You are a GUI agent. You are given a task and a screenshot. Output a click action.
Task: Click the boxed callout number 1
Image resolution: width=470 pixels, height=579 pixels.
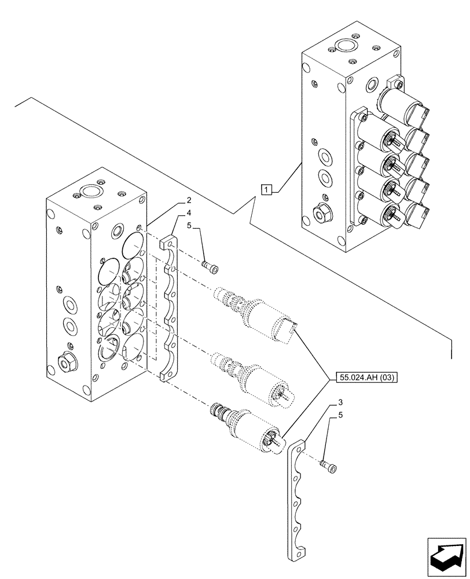(266, 189)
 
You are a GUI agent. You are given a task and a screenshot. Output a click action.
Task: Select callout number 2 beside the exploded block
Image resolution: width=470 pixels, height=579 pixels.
(189, 201)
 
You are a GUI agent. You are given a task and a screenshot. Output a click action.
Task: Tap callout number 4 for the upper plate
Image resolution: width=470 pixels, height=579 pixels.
(189, 213)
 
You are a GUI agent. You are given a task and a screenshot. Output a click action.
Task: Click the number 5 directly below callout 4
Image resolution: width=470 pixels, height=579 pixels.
(189, 226)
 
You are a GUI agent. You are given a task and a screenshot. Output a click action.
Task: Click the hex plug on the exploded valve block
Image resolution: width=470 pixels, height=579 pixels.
(66, 363)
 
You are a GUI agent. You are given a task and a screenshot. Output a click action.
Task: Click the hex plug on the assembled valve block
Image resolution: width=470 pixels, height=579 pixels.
(320, 215)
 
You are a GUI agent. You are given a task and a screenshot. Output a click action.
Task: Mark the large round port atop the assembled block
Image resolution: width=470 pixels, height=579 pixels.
(347, 45)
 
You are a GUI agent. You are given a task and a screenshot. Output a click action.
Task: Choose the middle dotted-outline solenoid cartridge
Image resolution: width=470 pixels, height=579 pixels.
(255, 376)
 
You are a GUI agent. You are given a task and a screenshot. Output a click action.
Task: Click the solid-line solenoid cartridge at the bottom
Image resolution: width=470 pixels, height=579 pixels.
(249, 427)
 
